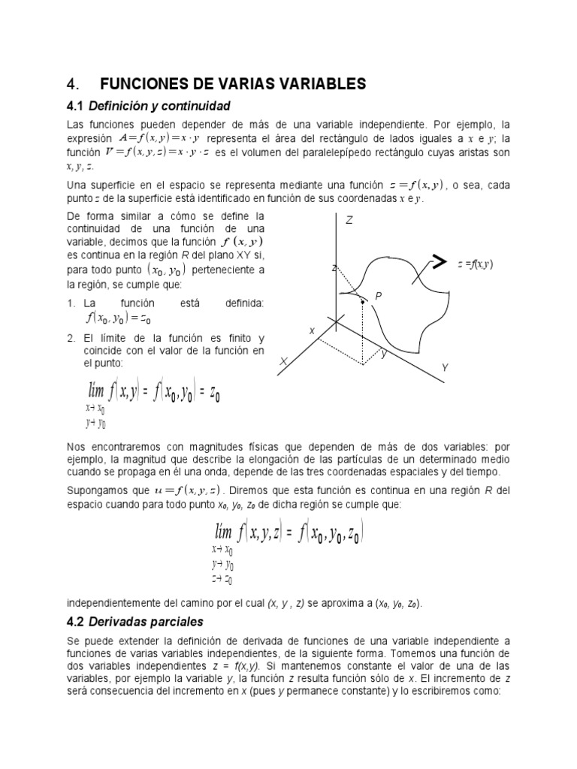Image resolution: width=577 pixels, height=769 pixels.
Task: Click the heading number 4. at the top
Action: [73, 83]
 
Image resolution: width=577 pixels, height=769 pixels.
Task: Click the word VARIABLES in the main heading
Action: [316, 83]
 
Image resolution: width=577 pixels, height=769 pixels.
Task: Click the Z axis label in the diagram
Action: [349, 220]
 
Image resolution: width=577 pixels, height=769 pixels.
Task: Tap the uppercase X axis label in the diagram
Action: [285, 362]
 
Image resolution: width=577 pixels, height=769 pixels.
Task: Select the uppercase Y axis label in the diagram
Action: [445, 367]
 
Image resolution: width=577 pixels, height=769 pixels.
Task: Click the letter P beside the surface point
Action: [379, 297]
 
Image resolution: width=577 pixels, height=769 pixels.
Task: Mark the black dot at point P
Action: [362, 302]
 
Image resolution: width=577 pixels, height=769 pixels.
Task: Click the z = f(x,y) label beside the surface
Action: [475, 264]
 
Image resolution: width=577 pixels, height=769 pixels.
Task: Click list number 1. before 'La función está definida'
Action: [71, 303]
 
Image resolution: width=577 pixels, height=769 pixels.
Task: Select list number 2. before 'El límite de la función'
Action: [71, 338]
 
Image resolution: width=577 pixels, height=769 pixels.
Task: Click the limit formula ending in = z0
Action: [153, 394]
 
